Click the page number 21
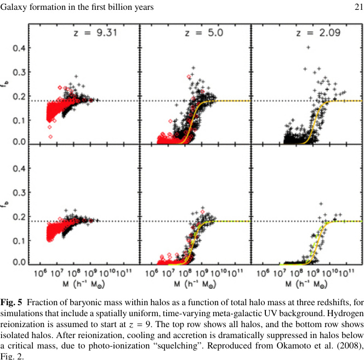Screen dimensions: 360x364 coord(359,7)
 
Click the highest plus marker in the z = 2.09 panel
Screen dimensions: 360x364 coord(309,47)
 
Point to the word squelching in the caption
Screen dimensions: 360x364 coord(202,344)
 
